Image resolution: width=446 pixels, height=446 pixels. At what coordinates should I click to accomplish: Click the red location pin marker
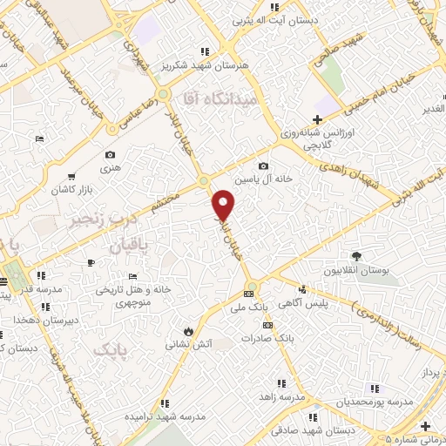click(x=225, y=205)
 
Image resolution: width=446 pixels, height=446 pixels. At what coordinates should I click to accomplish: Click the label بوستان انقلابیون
click(x=356, y=271)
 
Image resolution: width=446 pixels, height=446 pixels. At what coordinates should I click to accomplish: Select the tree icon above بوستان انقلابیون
click(x=356, y=255)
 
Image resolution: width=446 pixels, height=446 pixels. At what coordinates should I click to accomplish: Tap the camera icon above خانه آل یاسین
click(x=263, y=166)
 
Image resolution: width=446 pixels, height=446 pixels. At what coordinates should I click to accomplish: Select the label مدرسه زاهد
click(x=281, y=396)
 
